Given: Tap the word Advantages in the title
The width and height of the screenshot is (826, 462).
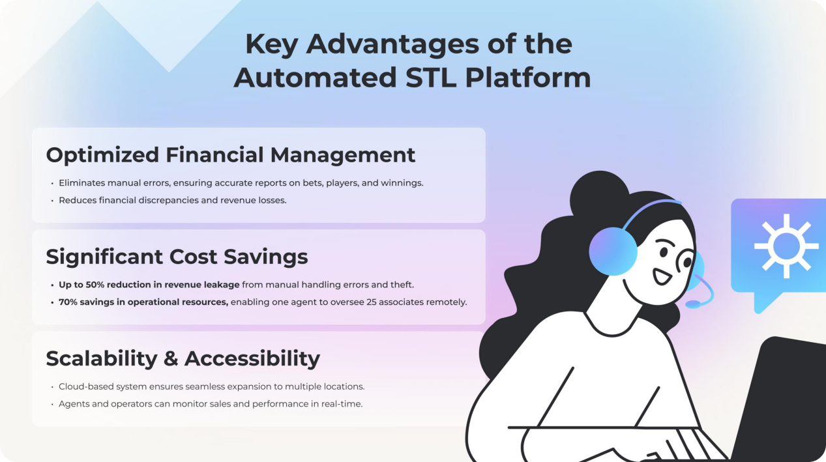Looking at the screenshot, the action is coord(393,44).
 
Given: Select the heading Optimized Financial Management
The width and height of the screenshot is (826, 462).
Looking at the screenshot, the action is coord(231,155).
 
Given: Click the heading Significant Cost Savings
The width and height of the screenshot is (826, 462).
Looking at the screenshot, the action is coord(177,256).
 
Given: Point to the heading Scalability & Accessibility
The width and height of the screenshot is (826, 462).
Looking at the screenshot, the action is coord(183,358).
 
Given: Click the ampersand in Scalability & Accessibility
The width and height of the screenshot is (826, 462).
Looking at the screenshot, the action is coord(171,358).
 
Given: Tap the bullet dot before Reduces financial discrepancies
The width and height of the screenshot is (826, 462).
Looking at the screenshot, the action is coord(52,201).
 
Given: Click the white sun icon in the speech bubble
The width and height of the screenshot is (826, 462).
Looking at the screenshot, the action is coord(786,246).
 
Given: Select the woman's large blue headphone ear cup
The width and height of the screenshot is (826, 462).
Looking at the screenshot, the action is coord(613,251).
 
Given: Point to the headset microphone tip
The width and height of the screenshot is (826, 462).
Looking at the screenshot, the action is coord(693,304).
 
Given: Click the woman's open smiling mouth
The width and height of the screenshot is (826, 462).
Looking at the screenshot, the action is coord(662,276).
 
